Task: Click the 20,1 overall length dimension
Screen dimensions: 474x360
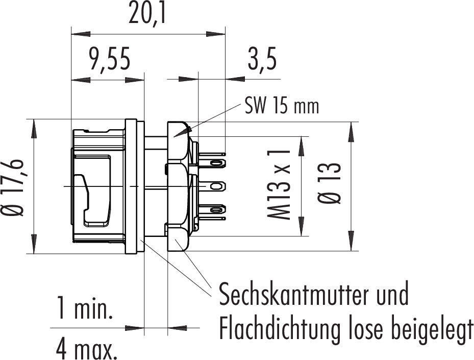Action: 147,13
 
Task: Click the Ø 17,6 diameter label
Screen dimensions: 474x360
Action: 13,187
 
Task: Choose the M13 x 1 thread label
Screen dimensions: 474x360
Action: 279,184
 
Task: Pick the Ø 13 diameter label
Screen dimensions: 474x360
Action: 330,183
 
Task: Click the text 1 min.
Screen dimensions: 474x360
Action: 85,308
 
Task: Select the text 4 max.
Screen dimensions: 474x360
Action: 87,349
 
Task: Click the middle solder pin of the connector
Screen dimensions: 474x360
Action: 212,185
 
